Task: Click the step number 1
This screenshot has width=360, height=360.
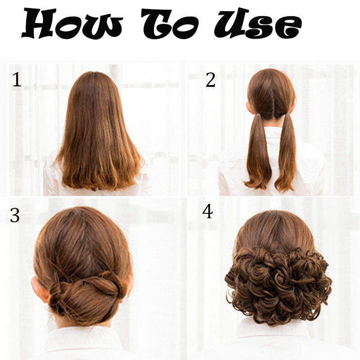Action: (17, 80)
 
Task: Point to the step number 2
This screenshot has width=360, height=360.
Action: (210, 80)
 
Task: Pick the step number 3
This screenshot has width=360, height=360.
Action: (15, 216)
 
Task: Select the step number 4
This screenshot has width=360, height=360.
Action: (207, 211)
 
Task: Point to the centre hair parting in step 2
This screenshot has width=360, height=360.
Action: (272, 99)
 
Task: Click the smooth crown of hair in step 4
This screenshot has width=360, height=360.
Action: (274, 229)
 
